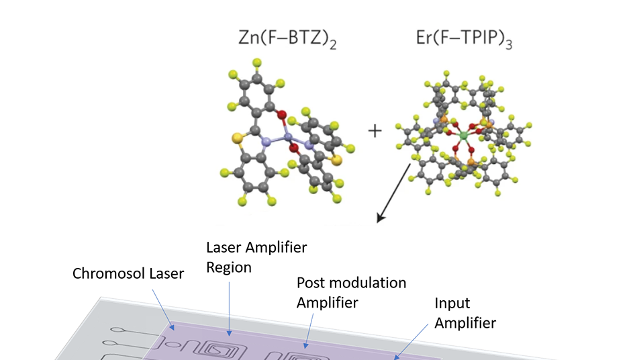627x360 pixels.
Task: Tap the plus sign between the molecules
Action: pyautogui.click(x=375, y=130)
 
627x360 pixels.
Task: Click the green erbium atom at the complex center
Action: pyautogui.click(x=463, y=136)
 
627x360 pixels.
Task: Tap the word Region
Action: pyautogui.click(x=229, y=267)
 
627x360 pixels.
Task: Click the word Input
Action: pyautogui.click(x=452, y=303)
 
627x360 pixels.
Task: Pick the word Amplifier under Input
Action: pyautogui.click(x=465, y=323)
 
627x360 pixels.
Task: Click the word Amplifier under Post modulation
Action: pyautogui.click(x=328, y=303)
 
